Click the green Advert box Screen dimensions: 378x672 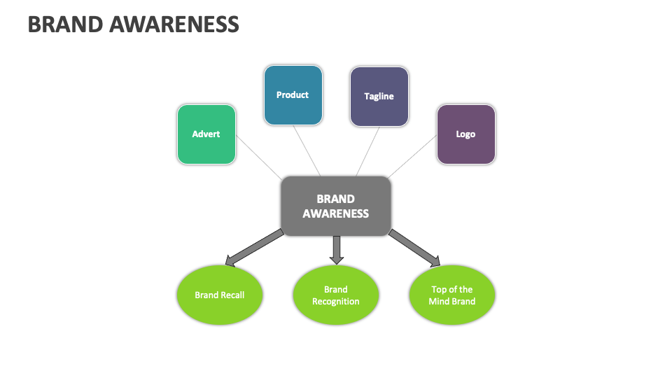coord(206,134)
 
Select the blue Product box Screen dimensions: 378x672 coord(293,95)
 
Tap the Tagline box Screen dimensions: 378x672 coord(379,97)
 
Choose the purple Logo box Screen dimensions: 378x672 coord(465,134)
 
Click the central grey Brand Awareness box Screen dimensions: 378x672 coord(335,206)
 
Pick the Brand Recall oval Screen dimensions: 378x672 coord(219,295)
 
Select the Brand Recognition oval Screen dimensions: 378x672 coord(335,295)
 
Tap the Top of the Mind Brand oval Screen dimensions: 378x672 coord(451,295)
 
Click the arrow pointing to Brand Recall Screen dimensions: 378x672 coord(255,248)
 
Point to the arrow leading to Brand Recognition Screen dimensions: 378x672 coord(337,249)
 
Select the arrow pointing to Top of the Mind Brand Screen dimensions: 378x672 coord(416,248)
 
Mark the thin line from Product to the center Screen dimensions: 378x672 coord(307,150)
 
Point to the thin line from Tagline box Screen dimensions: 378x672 coord(368,150)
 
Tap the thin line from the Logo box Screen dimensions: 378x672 coord(413,155)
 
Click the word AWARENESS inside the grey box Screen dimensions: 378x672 coord(335,213)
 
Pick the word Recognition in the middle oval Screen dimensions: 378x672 coord(335,302)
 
